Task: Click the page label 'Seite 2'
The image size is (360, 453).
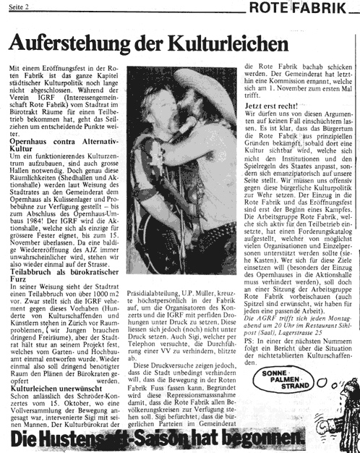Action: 19,7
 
